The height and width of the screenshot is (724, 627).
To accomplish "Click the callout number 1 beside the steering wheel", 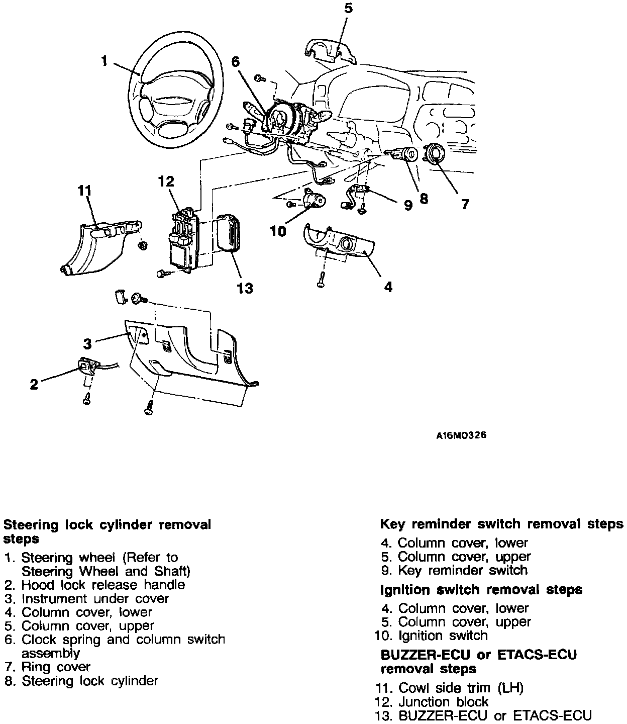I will click(104, 61).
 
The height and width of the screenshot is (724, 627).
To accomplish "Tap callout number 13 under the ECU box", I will click(245, 288).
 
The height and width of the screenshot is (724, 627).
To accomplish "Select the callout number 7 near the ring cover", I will click(465, 204).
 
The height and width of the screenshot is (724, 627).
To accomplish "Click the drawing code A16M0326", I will click(461, 435).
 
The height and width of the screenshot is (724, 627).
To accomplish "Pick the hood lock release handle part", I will click(88, 366).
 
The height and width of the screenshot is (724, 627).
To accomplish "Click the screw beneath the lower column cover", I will click(321, 282).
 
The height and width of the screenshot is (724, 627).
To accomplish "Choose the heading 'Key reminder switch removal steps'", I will click(501, 524).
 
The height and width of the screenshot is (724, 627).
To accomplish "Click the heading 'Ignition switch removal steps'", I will click(481, 589).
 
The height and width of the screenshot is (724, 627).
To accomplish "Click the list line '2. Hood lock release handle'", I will click(95, 585).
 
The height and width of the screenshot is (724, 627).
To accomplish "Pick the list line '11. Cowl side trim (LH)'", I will click(449, 688).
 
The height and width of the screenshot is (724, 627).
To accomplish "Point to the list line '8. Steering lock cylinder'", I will click(81, 681).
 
